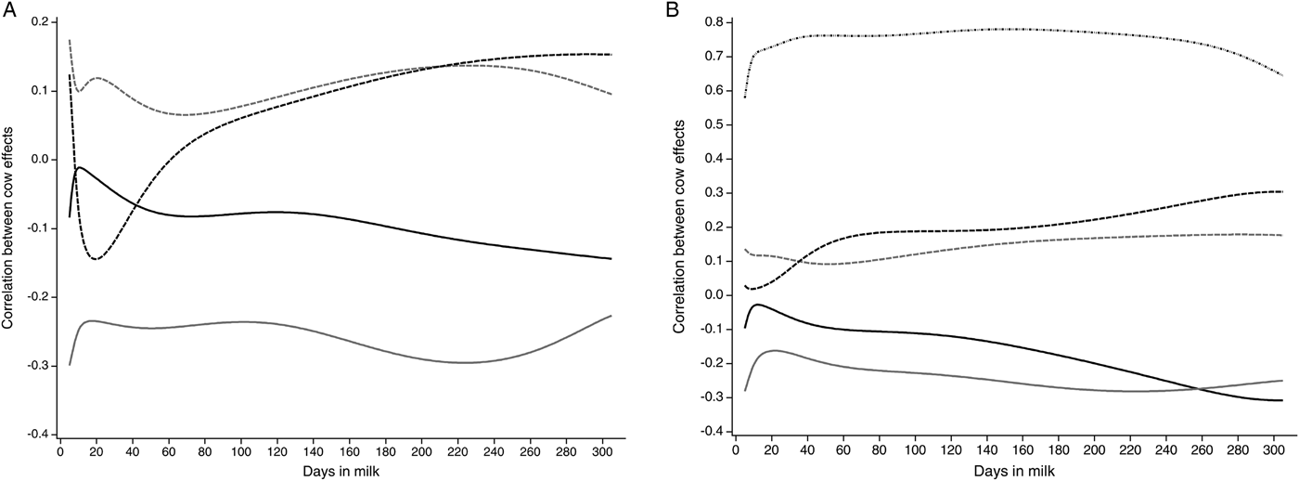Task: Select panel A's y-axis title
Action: point(8,227)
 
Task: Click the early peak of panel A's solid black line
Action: point(79,167)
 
